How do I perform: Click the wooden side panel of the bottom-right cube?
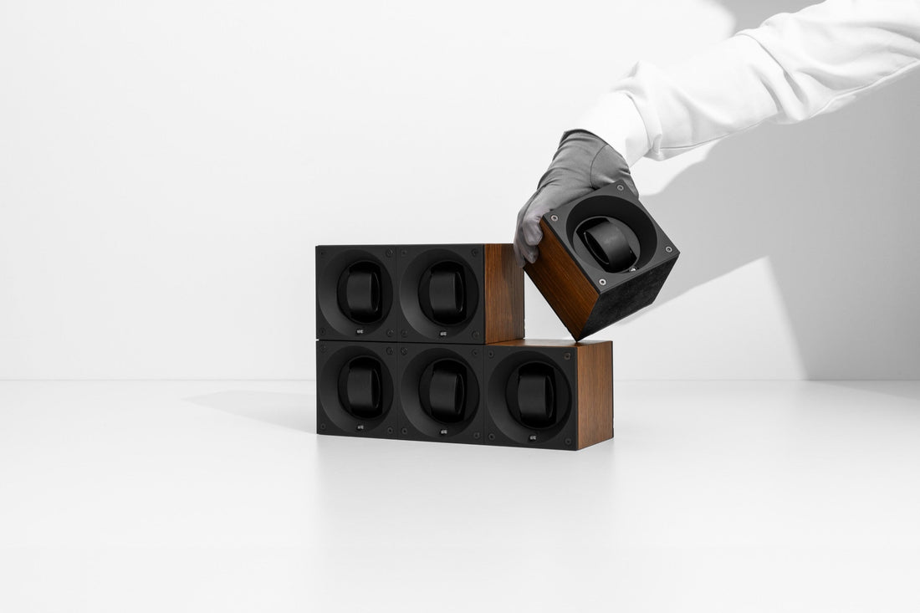[x=594, y=393]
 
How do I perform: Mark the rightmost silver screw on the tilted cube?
[x=667, y=248]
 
